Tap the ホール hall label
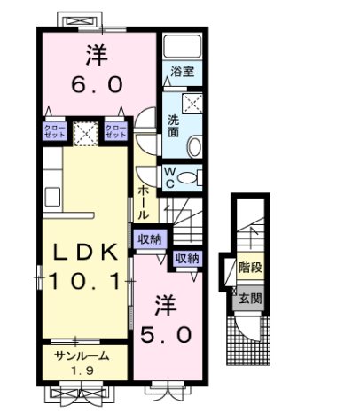click(144, 202)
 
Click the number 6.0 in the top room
click(98, 86)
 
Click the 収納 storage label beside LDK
click(149, 238)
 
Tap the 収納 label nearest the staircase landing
click(185, 259)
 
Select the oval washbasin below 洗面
click(192, 144)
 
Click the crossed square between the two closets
click(85, 134)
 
